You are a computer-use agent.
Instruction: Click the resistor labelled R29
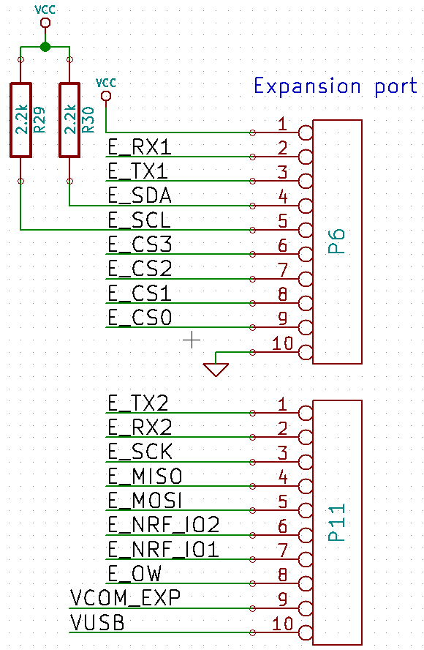[x=20, y=120]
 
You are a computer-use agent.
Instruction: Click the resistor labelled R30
[x=69, y=120]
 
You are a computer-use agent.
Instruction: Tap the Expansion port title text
[x=336, y=86]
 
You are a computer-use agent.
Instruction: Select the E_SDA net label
[x=140, y=195]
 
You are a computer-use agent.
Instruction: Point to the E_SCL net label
[x=139, y=220]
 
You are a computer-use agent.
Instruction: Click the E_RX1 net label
[x=140, y=147]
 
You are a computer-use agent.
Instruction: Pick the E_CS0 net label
[x=140, y=317]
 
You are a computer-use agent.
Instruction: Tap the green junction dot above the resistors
[x=45, y=47]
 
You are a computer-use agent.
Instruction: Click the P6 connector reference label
[x=336, y=242]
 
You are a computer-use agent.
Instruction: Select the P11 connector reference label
[x=336, y=523]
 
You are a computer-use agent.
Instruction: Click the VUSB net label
[x=97, y=623]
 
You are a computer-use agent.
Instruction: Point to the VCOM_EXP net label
[x=125, y=598]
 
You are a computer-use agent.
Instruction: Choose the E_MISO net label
[x=145, y=476]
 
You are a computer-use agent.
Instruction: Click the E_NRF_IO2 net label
[x=163, y=525]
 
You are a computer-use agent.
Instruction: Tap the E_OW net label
[x=135, y=573]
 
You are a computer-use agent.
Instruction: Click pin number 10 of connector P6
[x=282, y=343]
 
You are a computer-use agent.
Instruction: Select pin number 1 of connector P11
[x=282, y=403]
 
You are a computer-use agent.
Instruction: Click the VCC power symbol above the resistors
[x=45, y=23]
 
